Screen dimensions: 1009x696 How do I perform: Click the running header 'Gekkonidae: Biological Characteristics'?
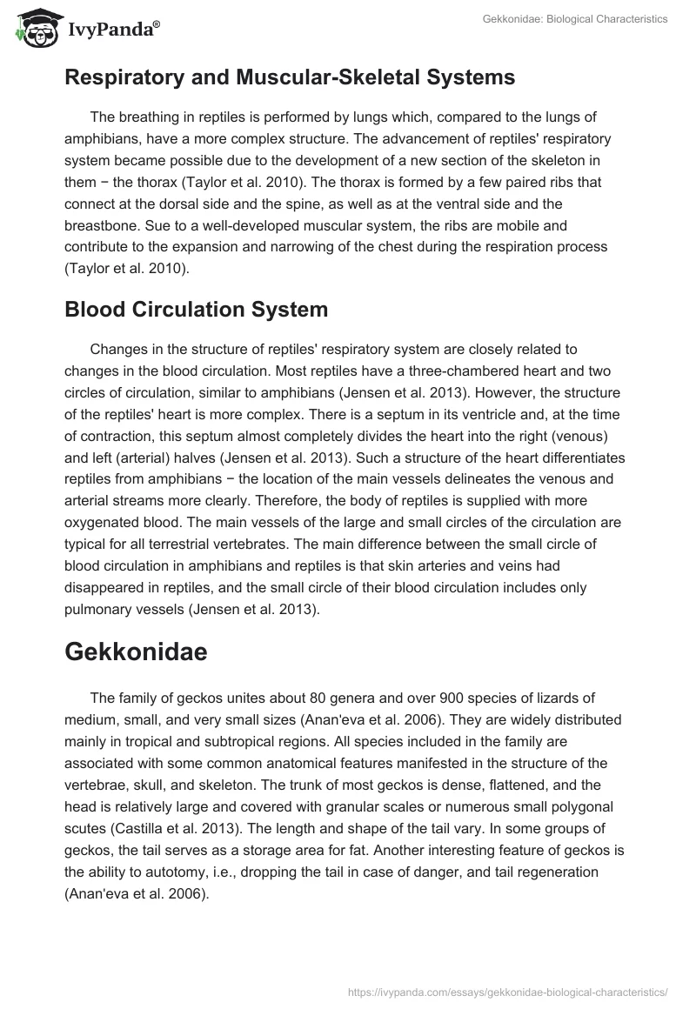pos(574,19)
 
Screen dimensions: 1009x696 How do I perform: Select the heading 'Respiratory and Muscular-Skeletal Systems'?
pos(290,77)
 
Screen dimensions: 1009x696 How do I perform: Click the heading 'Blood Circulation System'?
pos(197,310)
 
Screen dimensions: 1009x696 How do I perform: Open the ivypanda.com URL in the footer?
pos(507,991)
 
